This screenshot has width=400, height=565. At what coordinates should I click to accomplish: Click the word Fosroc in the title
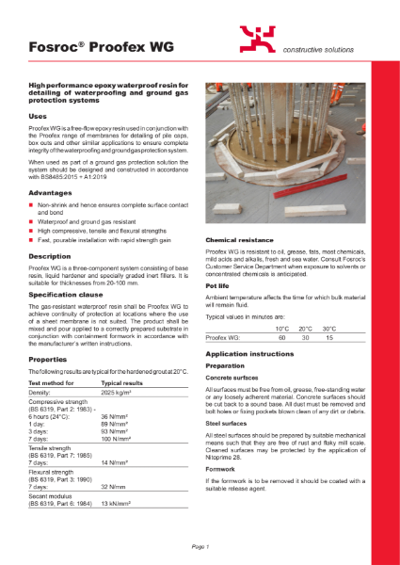[x=50, y=40]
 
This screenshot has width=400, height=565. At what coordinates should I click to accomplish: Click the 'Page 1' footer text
[x=200, y=546]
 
